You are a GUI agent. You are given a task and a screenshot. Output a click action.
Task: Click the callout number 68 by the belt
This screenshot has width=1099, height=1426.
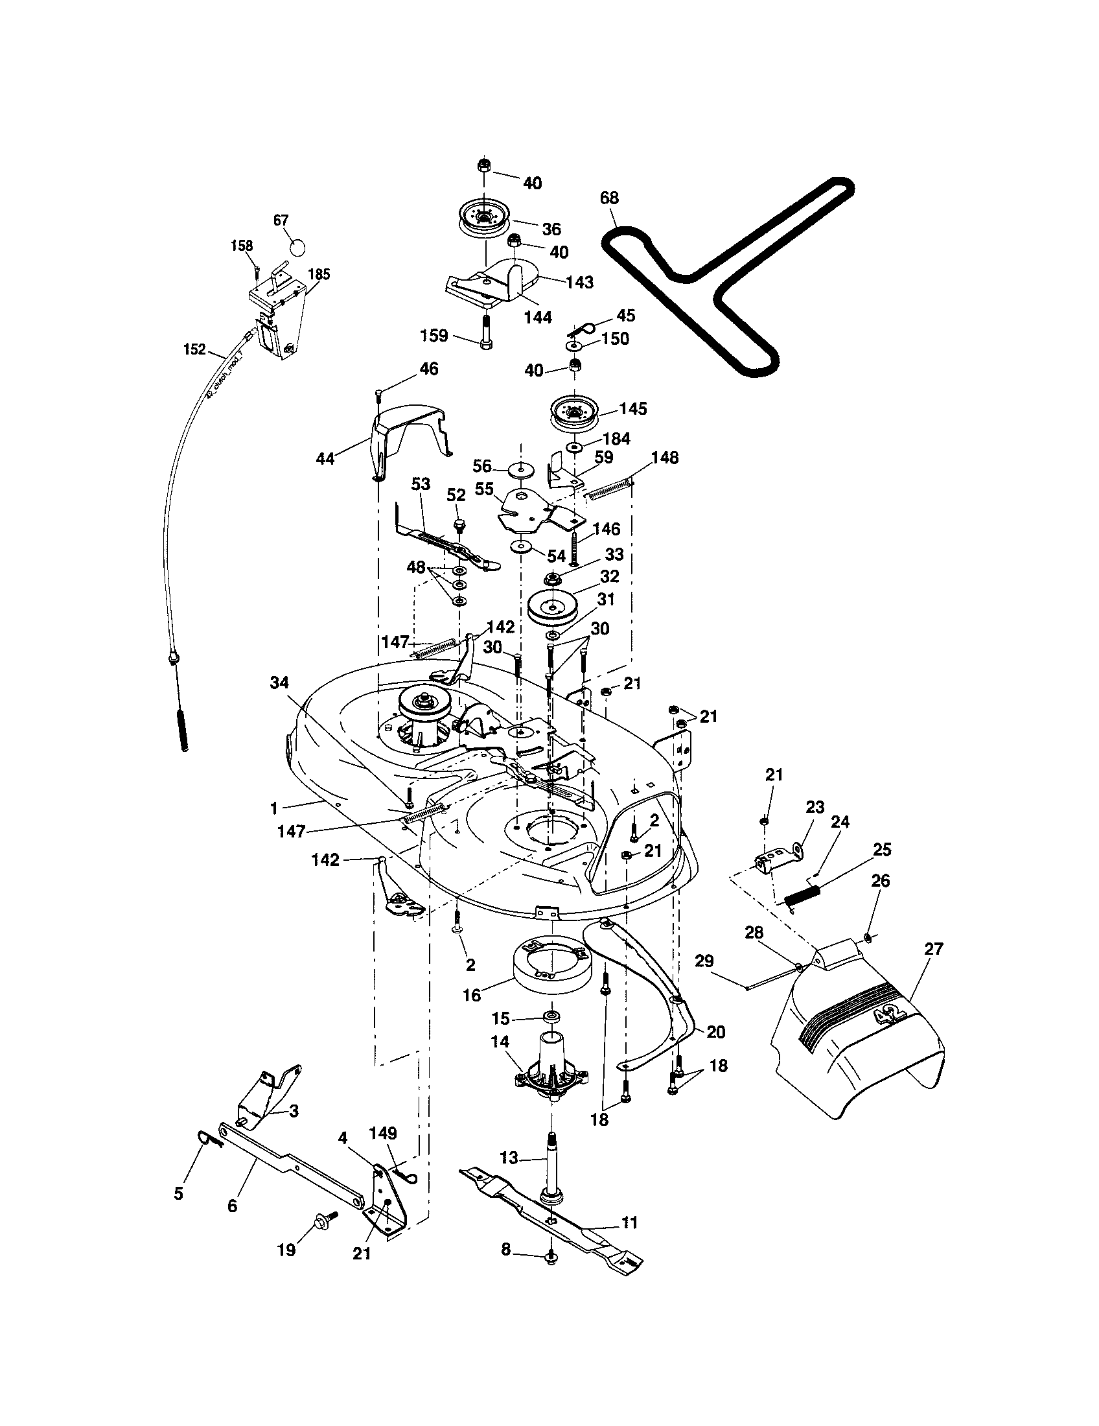609,197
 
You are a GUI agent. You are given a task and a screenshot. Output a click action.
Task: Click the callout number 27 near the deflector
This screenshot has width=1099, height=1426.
934,948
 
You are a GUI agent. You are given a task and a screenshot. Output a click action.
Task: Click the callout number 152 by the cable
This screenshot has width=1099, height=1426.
194,349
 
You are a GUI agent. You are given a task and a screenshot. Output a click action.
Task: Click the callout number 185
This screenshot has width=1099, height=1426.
318,274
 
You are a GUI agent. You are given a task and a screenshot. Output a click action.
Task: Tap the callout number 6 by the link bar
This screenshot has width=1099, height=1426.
233,1206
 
